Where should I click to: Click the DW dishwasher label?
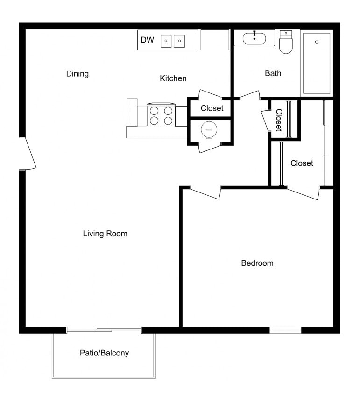[x=147, y=40]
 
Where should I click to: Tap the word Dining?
[x=78, y=74]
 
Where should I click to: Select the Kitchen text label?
[x=173, y=78]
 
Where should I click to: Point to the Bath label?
[x=273, y=73]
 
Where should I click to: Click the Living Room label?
[x=105, y=234]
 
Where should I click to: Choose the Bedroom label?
[x=257, y=263]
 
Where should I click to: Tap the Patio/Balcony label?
[x=104, y=353]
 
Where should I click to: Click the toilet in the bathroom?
[x=285, y=43]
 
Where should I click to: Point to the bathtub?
[x=317, y=63]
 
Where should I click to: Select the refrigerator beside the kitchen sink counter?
[x=215, y=40]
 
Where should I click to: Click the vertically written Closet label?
[x=279, y=120]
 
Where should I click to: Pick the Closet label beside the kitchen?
[x=212, y=108]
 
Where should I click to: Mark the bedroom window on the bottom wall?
[x=285, y=330]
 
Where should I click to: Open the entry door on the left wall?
[x=28, y=153]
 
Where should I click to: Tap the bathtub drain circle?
[x=317, y=42]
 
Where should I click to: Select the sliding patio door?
[x=104, y=330]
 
